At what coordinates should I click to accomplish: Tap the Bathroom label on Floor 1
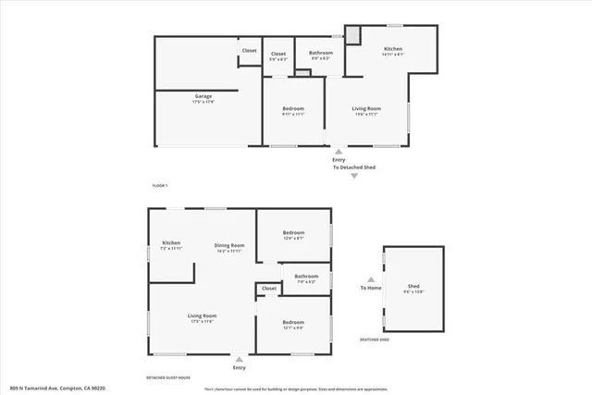click(x=321, y=54)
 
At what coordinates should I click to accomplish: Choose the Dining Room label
click(x=228, y=246)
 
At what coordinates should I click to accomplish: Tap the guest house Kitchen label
click(x=171, y=245)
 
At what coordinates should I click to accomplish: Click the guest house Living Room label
click(x=202, y=318)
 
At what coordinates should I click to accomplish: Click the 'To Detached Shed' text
click(x=352, y=167)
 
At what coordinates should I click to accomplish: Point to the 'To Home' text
click(x=371, y=289)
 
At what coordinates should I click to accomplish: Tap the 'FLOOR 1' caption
click(x=162, y=187)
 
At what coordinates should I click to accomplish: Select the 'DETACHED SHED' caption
click(x=375, y=339)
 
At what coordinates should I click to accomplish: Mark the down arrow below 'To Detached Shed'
click(x=352, y=176)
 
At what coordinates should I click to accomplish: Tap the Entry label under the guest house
click(x=240, y=368)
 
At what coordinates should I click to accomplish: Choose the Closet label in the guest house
click(x=269, y=289)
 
